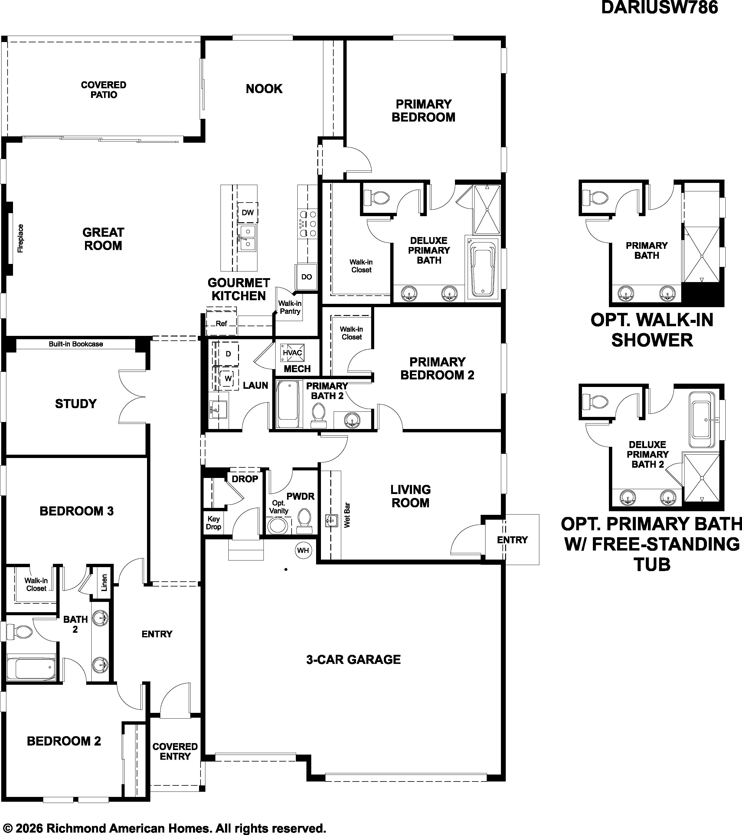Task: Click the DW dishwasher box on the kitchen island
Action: [248, 213]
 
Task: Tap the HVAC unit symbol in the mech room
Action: [292, 353]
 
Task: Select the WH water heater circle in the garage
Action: [303, 550]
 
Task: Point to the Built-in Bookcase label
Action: [76, 344]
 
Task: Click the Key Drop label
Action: [213, 523]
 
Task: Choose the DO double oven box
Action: [307, 277]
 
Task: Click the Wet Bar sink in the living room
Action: [331, 521]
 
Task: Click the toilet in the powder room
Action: [303, 521]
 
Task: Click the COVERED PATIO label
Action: [104, 90]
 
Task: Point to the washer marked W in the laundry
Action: [228, 378]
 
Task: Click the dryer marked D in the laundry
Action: [228, 354]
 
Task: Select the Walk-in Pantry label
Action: [290, 307]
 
